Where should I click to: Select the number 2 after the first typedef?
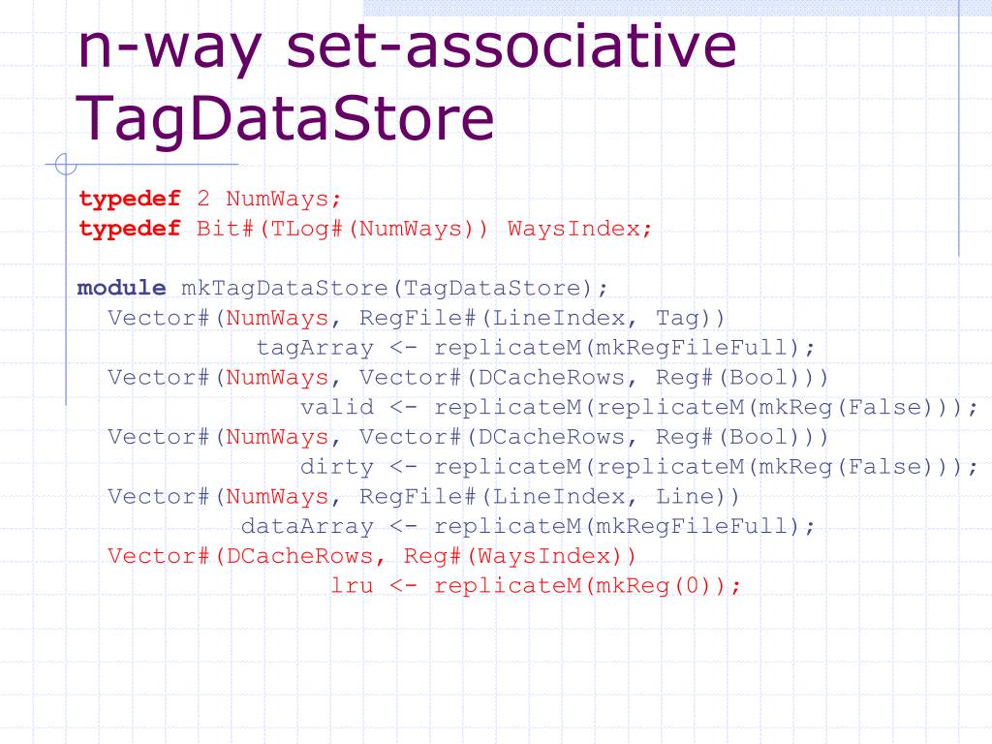[x=203, y=200]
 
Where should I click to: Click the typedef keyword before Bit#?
[x=130, y=230]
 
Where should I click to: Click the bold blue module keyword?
[x=121, y=288]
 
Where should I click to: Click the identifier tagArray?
[x=315, y=348]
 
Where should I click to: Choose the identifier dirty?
[x=337, y=467]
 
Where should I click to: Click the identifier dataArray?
[x=307, y=526]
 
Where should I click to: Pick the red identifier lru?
[x=352, y=586]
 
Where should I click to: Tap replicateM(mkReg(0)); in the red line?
[x=588, y=586]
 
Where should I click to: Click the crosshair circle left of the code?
[x=66, y=166]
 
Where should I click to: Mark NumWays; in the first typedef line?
[x=284, y=200]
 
